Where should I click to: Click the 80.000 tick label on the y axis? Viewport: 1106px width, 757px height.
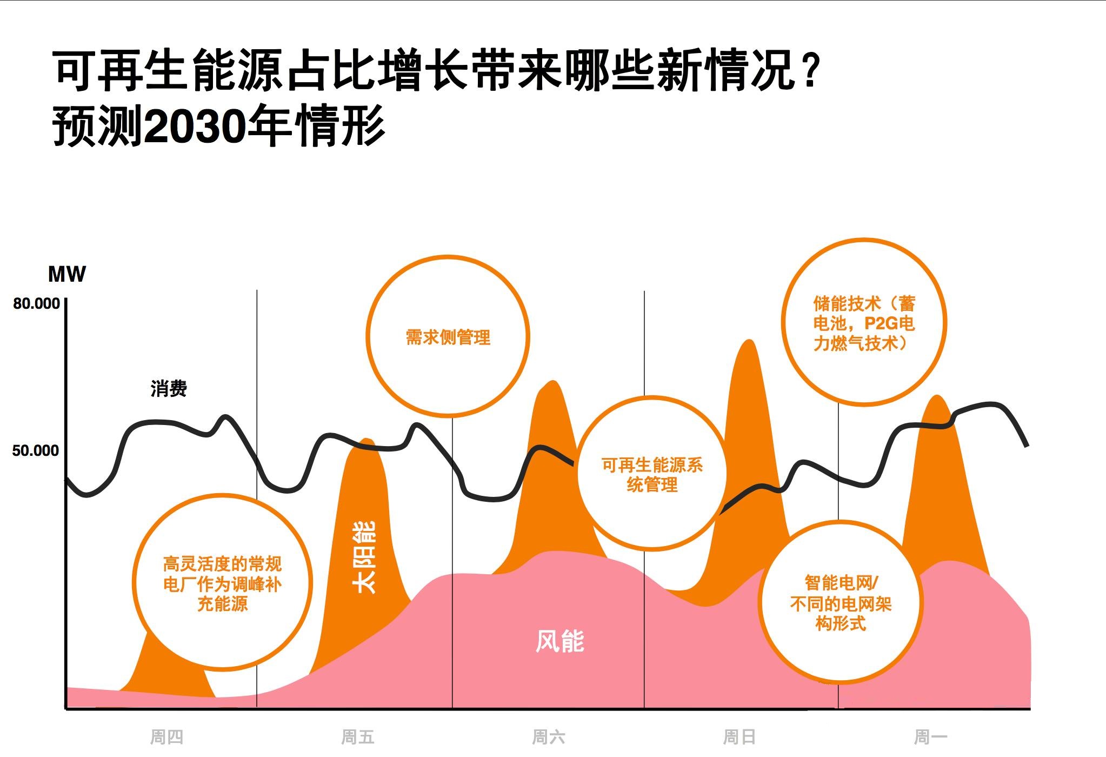pyautogui.click(x=36, y=304)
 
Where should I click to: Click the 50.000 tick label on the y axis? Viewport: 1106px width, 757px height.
pyautogui.click(x=35, y=450)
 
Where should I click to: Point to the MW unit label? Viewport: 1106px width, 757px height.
pyautogui.click(x=66, y=274)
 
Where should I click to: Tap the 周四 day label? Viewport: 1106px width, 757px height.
pyautogui.click(x=166, y=736)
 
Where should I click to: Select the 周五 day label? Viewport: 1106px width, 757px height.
pyautogui.click(x=357, y=736)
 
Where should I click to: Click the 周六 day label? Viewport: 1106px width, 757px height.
pyautogui.click(x=548, y=736)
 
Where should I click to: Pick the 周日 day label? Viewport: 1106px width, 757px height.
pyautogui.click(x=739, y=736)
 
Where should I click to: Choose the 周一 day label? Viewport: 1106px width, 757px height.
pyautogui.click(x=930, y=736)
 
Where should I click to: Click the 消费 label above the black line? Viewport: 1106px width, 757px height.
pyautogui.click(x=169, y=389)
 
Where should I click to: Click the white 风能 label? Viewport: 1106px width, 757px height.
pyautogui.click(x=559, y=641)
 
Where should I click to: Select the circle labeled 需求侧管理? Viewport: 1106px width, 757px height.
pyautogui.click(x=448, y=337)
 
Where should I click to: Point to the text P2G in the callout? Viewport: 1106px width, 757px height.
pyautogui.click(x=881, y=323)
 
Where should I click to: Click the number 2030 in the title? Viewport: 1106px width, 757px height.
pyautogui.click(x=196, y=127)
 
